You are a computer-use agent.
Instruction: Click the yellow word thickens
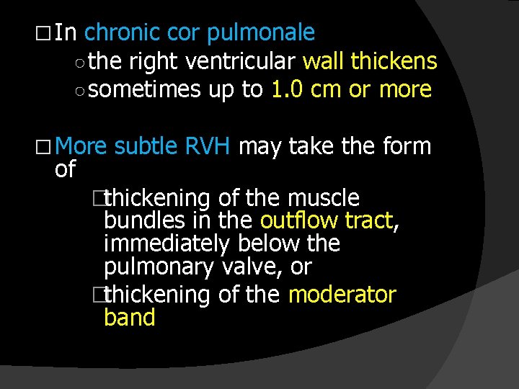tap(394, 61)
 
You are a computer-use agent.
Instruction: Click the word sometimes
tap(146, 89)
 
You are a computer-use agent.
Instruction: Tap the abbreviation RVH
tap(207, 147)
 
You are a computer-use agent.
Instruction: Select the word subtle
tap(146, 147)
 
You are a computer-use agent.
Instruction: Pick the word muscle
tap(323, 197)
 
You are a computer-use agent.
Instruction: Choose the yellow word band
tap(130, 318)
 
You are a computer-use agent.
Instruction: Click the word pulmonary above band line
tap(159, 267)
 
